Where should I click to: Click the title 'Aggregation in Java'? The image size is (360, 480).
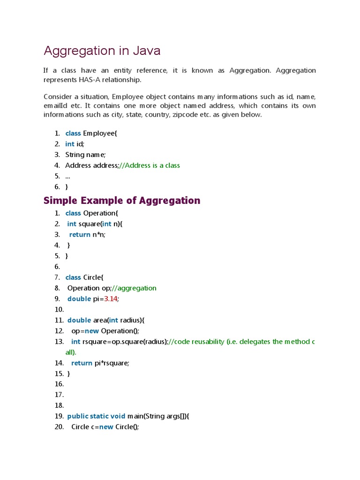[102, 51]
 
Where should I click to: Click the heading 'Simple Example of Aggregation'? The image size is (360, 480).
[122, 201]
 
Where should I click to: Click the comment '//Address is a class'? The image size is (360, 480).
[150, 165]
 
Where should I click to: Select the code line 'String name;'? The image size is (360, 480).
[85, 155]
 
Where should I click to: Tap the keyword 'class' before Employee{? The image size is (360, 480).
[73, 133]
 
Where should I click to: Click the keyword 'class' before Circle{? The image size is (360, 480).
[73, 277]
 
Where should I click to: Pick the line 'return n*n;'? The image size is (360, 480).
[87, 235]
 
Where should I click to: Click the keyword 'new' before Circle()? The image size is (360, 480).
[106, 427]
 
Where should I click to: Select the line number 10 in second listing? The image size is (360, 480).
[59, 309]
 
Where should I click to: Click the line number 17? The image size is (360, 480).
[59, 395]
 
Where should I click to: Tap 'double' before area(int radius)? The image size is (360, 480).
[79, 320]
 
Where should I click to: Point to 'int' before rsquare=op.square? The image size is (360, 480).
[76, 342]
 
